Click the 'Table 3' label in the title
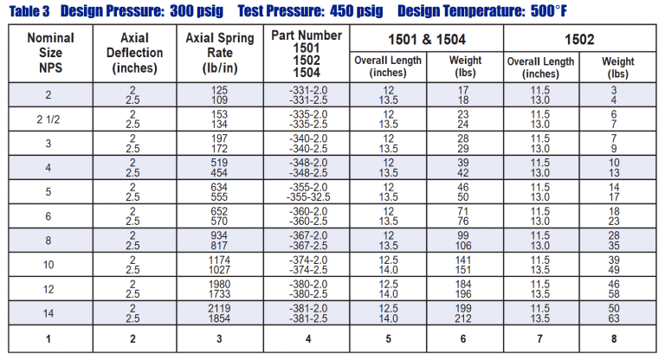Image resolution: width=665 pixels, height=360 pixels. (29, 12)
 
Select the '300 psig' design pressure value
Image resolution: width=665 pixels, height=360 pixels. (190, 12)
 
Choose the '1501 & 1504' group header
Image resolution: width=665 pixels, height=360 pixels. (426, 39)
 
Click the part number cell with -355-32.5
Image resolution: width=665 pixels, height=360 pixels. (307, 190)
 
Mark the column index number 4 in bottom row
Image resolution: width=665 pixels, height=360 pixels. (307, 339)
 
